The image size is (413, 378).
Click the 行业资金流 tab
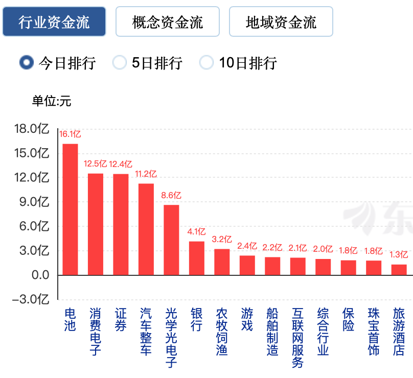tap(54, 22)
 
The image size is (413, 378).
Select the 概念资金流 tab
tap(168, 22)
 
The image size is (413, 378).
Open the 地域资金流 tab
tap(281, 22)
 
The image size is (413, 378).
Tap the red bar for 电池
tap(70, 209)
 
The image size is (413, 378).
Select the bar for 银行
tap(197, 258)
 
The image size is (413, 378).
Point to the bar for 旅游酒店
tap(399, 270)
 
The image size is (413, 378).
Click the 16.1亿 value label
tap(70, 134)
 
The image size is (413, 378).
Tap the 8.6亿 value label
tap(171, 195)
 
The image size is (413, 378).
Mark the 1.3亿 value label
tap(399, 254)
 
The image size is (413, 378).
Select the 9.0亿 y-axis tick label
tap(34, 202)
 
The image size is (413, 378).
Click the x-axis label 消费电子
tap(95, 332)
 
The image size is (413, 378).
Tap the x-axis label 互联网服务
tap(297, 338)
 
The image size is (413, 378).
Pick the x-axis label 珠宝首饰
tap(374, 332)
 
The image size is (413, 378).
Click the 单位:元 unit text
tap(52, 101)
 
